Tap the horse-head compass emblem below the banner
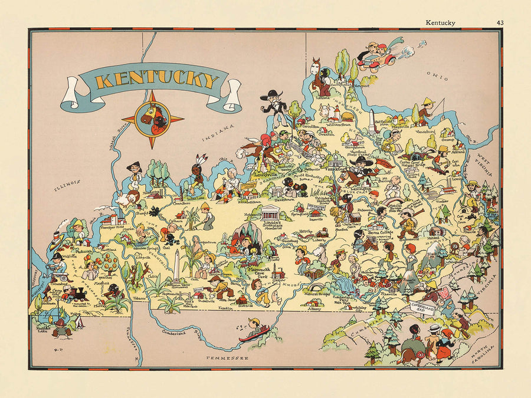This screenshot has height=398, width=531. coord(152,118)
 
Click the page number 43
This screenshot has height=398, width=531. coord(499,23)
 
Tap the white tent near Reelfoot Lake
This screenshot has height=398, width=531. coord(77,322)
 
